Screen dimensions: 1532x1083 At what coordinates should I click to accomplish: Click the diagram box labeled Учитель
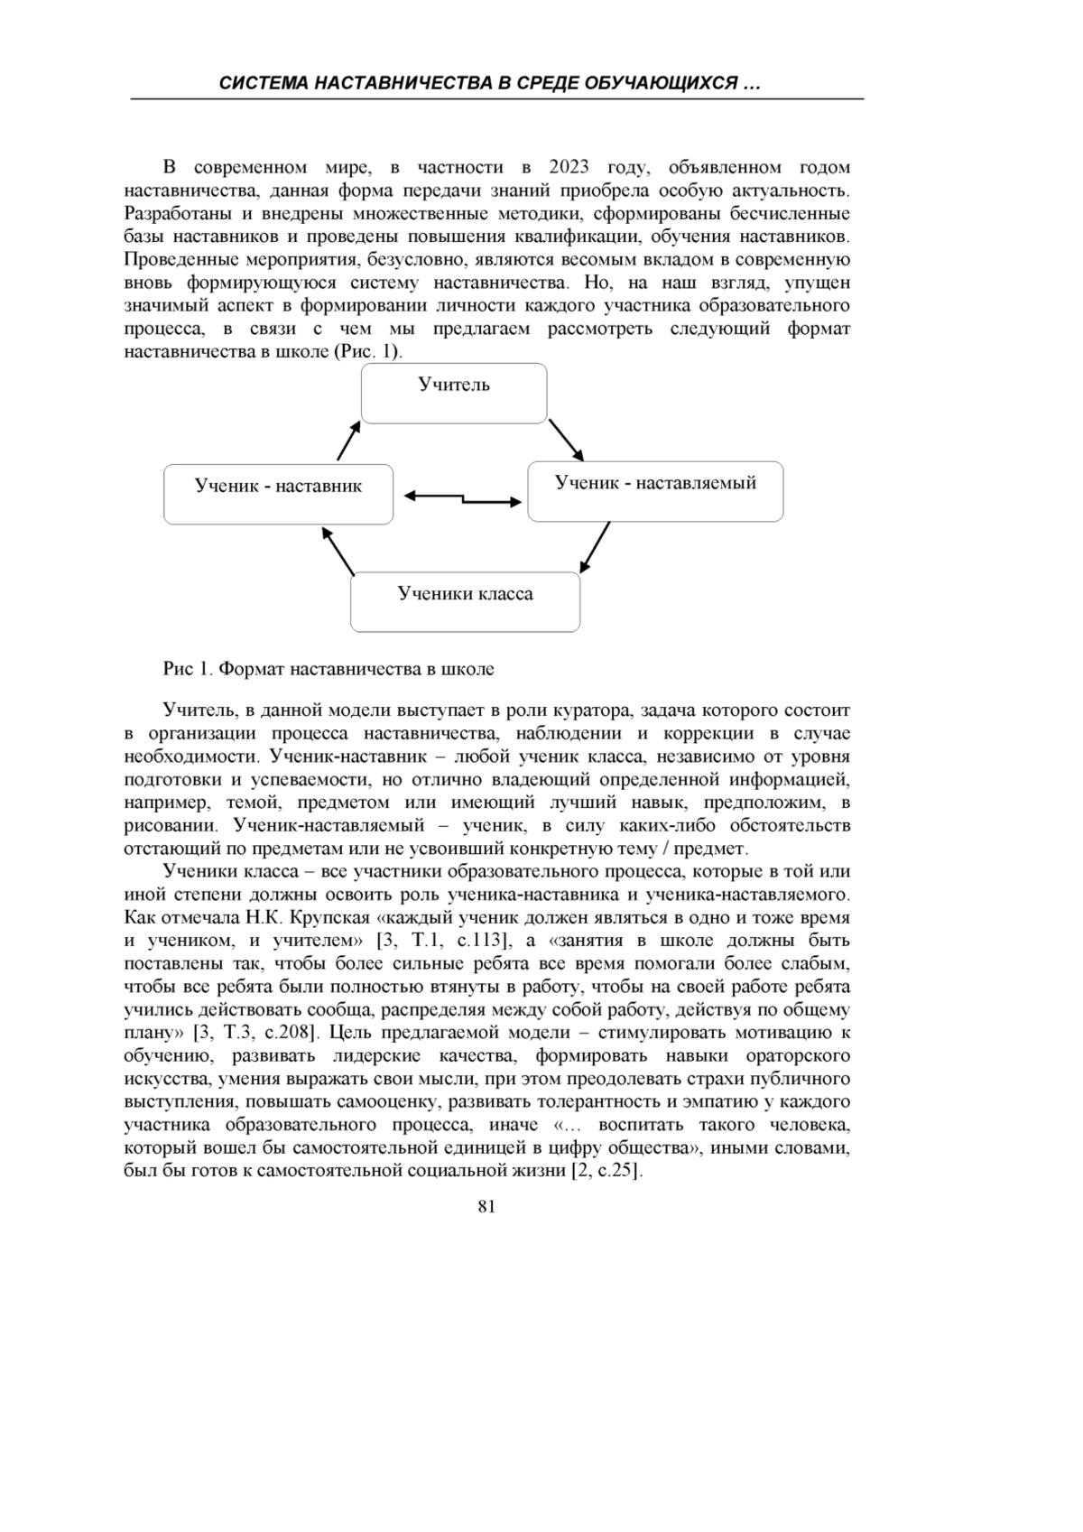(454, 394)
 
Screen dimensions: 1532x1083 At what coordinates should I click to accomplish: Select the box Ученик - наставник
(278, 494)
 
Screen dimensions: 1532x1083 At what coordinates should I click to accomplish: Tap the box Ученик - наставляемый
(655, 491)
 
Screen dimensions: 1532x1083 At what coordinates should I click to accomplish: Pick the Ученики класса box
(465, 602)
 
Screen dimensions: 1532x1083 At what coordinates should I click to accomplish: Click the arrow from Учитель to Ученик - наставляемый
(567, 439)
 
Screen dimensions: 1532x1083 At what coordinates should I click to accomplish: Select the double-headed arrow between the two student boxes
(462, 498)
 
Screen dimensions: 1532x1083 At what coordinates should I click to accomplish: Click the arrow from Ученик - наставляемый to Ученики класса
(595, 547)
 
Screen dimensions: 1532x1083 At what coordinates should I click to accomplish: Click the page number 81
(486, 1207)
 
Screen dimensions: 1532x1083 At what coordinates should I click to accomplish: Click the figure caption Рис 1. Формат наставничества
(329, 669)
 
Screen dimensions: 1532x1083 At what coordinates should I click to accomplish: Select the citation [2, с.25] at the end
(606, 1171)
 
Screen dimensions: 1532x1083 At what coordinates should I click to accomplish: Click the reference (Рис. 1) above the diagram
(367, 351)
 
